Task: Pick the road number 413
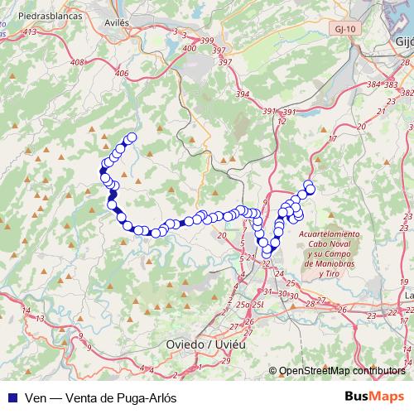coord(31,31)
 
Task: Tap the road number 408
coord(79,62)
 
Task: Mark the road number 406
coord(122,74)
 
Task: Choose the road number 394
coord(243,95)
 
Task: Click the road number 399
coord(207,41)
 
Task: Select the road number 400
coord(190,49)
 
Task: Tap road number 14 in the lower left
coord(27,310)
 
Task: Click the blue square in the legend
coord(11,397)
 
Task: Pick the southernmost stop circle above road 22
coord(267,252)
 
